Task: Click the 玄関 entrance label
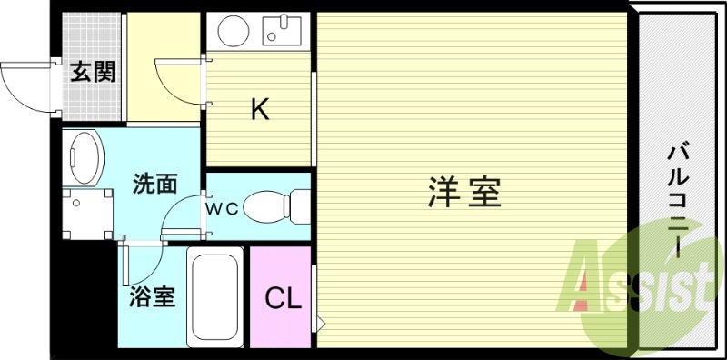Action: [x=94, y=72]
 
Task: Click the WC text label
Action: [x=221, y=207]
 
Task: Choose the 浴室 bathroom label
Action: [x=152, y=296]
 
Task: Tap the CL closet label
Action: [x=282, y=298]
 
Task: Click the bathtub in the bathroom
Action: [x=214, y=297]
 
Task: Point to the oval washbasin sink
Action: [x=84, y=156]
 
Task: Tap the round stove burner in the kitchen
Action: [x=231, y=32]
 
